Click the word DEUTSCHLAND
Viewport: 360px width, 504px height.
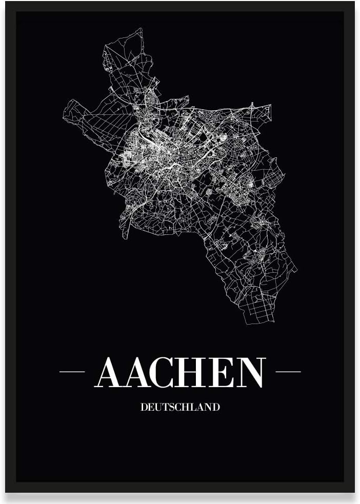pos(179,408)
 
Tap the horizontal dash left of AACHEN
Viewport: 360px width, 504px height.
pos(72,371)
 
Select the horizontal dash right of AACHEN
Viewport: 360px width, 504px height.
pos(288,371)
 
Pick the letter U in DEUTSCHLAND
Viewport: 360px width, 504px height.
pos(156,408)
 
